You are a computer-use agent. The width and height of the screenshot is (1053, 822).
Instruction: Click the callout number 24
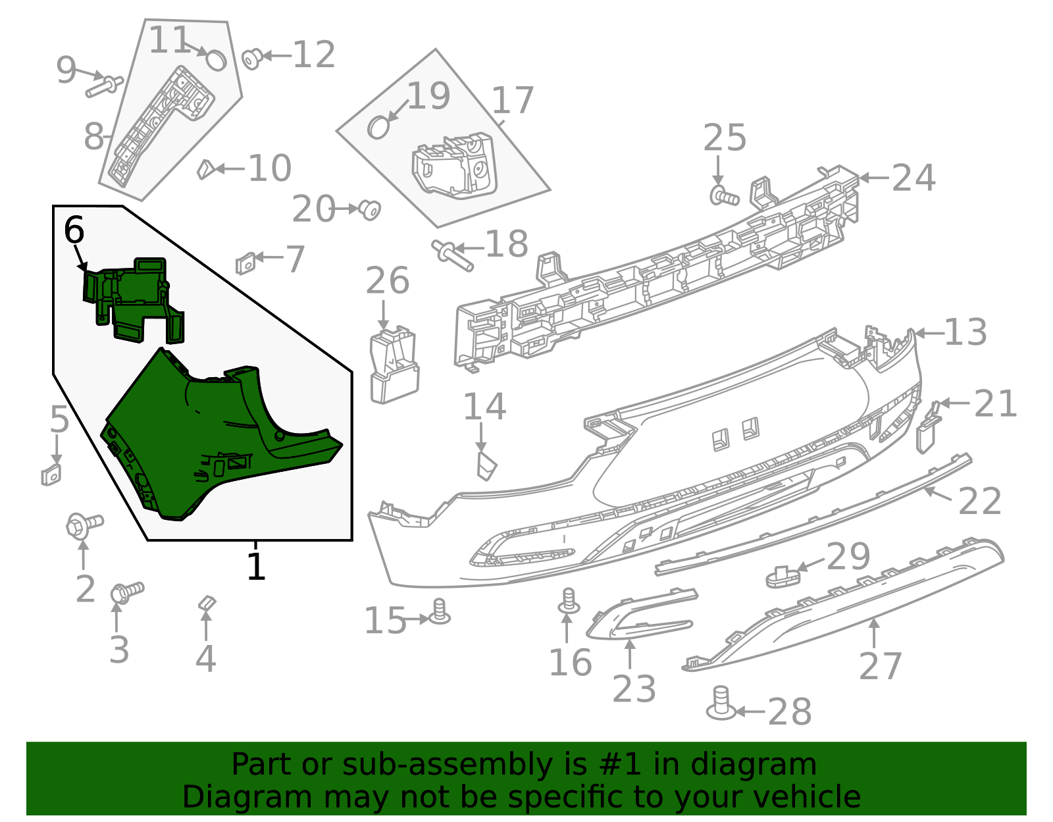(x=913, y=178)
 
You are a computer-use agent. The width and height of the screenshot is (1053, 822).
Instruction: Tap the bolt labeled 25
(x=725, y=195)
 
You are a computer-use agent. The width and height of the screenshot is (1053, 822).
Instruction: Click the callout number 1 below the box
(x=255, y=566)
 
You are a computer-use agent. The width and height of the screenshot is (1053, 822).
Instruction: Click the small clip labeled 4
(x=207, y=604)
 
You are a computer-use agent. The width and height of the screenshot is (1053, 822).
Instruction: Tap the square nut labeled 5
(x=51, y=475)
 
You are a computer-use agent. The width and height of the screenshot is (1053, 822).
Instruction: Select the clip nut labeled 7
(x=245, y=263)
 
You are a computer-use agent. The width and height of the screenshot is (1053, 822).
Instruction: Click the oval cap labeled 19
(x=378, y=127)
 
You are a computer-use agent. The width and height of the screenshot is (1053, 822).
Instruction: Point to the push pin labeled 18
(x=452, y=255)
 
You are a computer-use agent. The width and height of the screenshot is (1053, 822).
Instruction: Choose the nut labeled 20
(x=371, y=210)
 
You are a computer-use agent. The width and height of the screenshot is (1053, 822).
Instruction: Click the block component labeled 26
(x=394, y=366)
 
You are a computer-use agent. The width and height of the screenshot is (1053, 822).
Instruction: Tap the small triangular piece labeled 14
(x=486, y=465)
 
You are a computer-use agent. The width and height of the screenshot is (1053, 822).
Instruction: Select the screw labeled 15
(x=440, y=613)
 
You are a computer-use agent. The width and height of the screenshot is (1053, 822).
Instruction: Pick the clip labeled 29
(x=783, y=576)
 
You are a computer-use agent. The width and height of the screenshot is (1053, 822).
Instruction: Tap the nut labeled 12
(x=252, y=59)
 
